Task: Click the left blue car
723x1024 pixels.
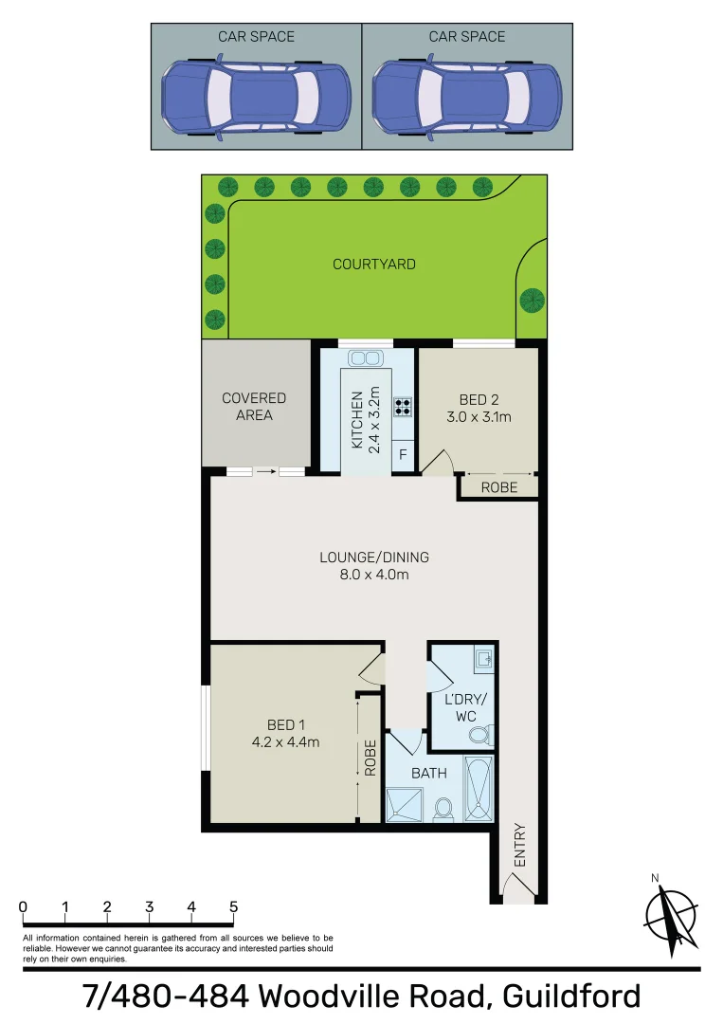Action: pyautogui.click(x=256, y=100)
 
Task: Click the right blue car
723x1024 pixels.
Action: pyautogui.click(x=467, y=100)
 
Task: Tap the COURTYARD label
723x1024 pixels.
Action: pyautogui.click(x=373, y=265)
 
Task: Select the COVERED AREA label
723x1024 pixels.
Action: pyautogui.click(x=254, y=407)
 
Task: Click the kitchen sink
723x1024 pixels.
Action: pyautogui.click(x=365, y=358)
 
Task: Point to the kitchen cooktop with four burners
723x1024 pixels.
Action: pyautogui.click(x=403, y=406)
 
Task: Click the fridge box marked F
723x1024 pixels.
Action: pyautogui.click(x=403, y=455)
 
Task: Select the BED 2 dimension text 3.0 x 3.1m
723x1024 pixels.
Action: pyautogui.click(x=479, y=416)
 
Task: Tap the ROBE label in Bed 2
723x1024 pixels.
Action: pyautogui.click(x=499, y=487)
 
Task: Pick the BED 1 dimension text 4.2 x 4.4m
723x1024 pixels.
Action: pyautogui.click(x=285, y=742)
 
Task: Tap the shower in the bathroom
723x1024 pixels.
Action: pyautogui.click(x=406, y=804)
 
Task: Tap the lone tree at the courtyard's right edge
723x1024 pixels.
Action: pyautogui.click(x=533, y=301)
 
